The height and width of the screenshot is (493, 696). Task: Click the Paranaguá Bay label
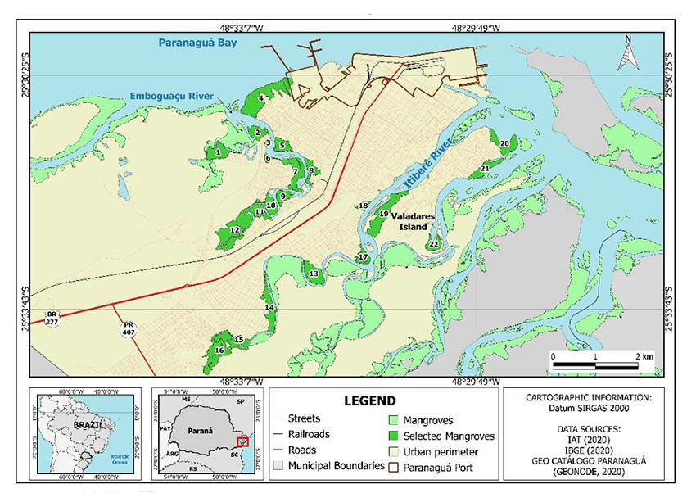[x=198, y=43]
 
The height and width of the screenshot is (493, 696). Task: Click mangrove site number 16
[x=219, y=351]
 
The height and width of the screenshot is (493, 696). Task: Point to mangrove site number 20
[x=504, y=143]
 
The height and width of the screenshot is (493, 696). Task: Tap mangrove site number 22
[x=434, y=244]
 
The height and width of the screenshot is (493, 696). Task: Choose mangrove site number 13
[x=314, y=274]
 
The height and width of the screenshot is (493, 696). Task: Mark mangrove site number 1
[x=218, y=152]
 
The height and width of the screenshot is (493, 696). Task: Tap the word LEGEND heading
[x=369, y=401]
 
